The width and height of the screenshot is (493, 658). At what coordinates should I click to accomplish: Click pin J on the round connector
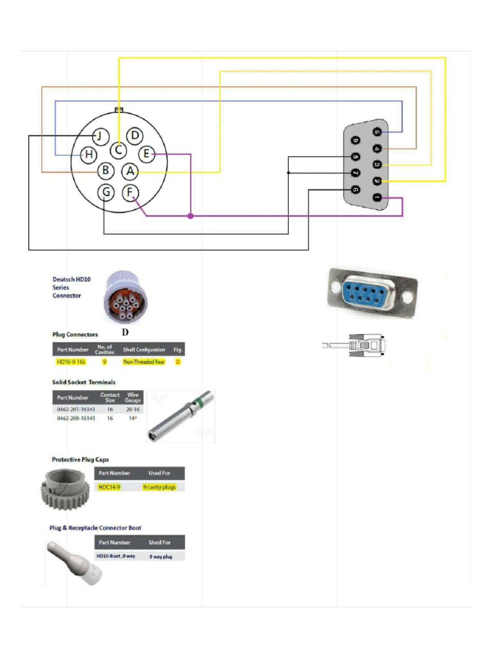pyautogui.click(x=99, y=136)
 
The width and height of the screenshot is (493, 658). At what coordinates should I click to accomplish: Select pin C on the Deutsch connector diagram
pyautogui.click(x=118, y=150)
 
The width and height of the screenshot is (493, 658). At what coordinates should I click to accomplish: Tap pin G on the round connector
pyautogui.click(x=107, y=191)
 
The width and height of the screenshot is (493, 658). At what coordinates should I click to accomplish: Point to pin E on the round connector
pyautogui.click(x=146, y=154)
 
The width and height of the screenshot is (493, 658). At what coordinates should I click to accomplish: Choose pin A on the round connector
pyautogui.click(x=130, y=171)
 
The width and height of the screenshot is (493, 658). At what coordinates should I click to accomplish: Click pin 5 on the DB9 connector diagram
pyautogui.click(x=377, y=132)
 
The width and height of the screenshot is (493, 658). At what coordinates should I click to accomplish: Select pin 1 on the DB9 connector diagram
pyautogui.click(x=377, y=197)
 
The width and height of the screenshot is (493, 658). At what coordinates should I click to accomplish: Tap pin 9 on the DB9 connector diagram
pyautogui.click(x=355, y=140)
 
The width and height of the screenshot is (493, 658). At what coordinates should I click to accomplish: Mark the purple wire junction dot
pyautogui.click(x=190, y=216)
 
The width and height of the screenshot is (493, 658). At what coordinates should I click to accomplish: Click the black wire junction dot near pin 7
pyautogui.click(x=288, y=173)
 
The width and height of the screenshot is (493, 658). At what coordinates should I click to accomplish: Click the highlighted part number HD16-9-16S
pyautogui.click(x=71, y=362)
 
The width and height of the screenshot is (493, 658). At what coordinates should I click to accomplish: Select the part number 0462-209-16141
pyautogui.click(x=76, y=418)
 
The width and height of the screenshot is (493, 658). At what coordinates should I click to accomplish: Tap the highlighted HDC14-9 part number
pyautogui.click(x=109, y=487)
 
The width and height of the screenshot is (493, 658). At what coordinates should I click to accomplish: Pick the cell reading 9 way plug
pyautogui.click(x=160, y=556)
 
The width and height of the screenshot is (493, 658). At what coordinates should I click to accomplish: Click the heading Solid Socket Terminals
pyautogui.click(x=83, y=382)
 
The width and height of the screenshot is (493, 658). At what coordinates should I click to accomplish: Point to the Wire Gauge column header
pyautogui.click(x=133, y=397)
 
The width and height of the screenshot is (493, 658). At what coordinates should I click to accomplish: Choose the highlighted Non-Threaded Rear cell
pyautogui.click(x=144, y=362)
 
